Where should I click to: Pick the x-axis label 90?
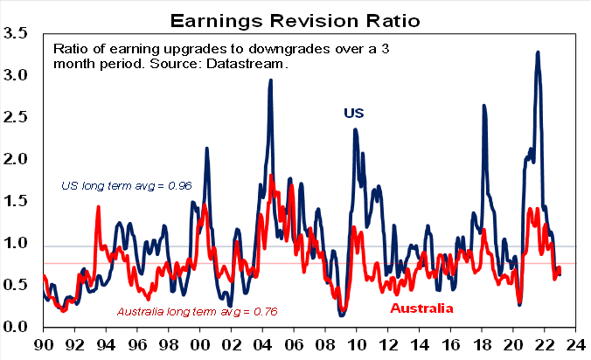43,344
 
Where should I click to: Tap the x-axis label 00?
199,344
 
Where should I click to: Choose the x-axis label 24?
575,344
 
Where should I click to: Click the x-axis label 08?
325,344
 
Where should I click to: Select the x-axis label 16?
450,344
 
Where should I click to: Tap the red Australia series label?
421,308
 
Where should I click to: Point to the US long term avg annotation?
126,185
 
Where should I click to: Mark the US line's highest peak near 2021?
538,52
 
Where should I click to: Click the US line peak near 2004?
271,80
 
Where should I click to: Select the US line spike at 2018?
483,106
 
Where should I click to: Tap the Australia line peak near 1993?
98,207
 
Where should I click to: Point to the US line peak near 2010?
355,130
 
